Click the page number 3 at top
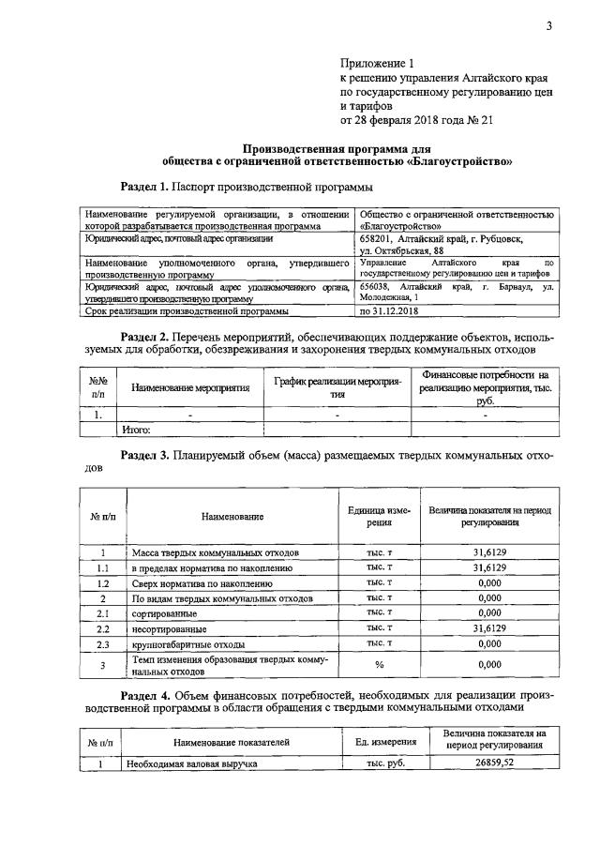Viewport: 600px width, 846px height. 550,25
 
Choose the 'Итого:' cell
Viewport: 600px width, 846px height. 138,430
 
